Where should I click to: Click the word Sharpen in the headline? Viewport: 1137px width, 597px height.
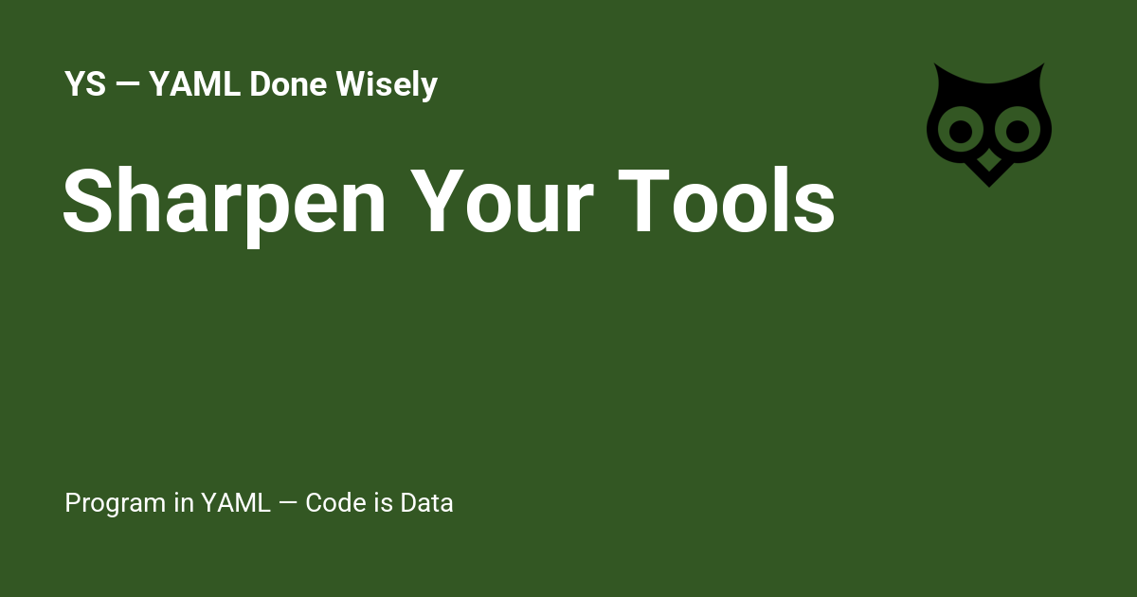point(224,202)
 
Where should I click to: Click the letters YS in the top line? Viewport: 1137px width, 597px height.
point(84,85)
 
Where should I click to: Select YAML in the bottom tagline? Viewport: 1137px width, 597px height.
point(236,503)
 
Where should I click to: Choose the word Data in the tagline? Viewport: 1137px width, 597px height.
point(426,503)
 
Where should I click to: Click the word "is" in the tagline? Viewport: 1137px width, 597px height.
point(383,503)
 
